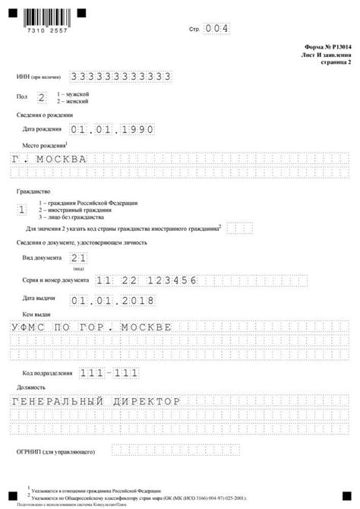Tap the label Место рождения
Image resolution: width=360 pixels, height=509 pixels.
(x=45, y=144)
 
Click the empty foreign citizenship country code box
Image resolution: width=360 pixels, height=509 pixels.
(x=239, y=228)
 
